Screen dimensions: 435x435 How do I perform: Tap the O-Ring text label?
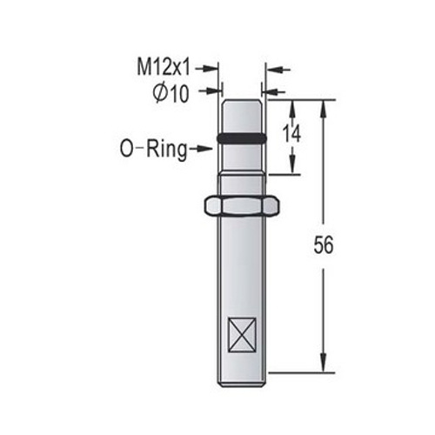point(152,149)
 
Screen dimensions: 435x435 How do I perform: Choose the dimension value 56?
point(323,246)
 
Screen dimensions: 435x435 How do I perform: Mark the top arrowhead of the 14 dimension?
point(291,105)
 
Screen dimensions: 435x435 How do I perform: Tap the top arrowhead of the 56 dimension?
point(324,105)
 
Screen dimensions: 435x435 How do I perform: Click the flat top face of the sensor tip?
point(243,100)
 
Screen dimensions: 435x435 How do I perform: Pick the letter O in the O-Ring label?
point(126,149)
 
